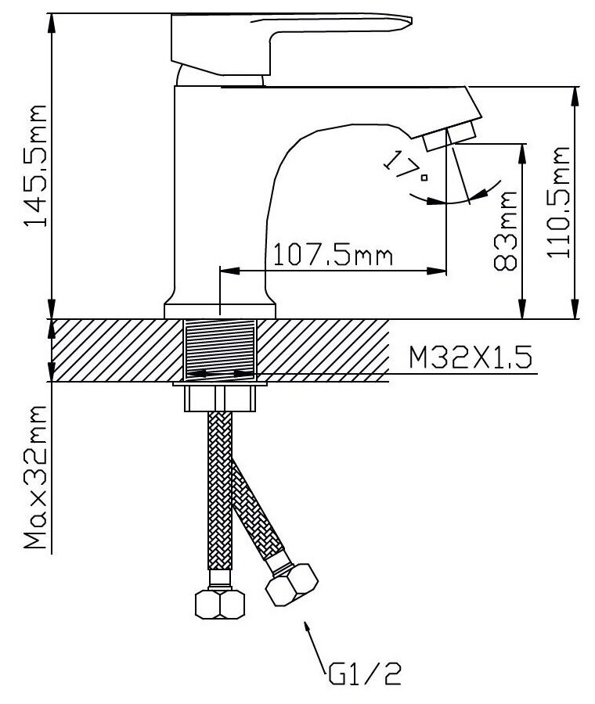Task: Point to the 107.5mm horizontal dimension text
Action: [x=329, y=254]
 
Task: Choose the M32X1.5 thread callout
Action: [x=471, y=359]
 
